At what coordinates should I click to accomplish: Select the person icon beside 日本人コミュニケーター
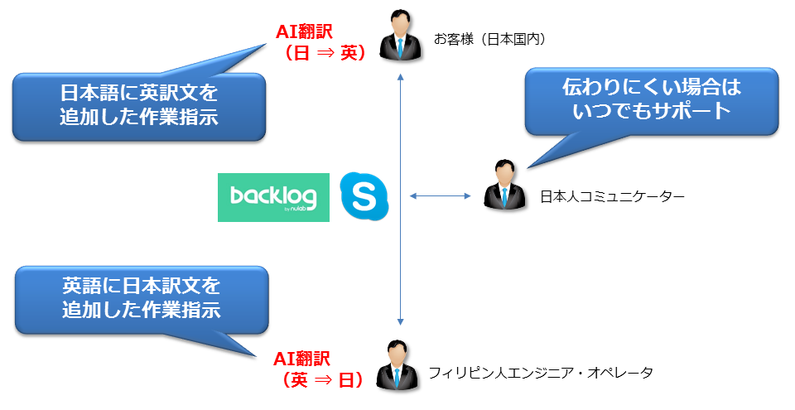point(503,185)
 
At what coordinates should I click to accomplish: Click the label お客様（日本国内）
point(489,38)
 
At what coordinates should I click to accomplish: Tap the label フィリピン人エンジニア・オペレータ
point(541,373)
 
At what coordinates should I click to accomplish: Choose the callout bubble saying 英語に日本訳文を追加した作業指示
point(141,299)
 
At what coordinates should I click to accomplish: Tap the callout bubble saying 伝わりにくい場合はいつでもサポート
point(652,99)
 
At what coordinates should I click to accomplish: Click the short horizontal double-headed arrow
point(440,196)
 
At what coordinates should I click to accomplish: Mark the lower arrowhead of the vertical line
point(400,321)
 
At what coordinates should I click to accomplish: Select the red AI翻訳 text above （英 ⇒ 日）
point(302,359)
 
